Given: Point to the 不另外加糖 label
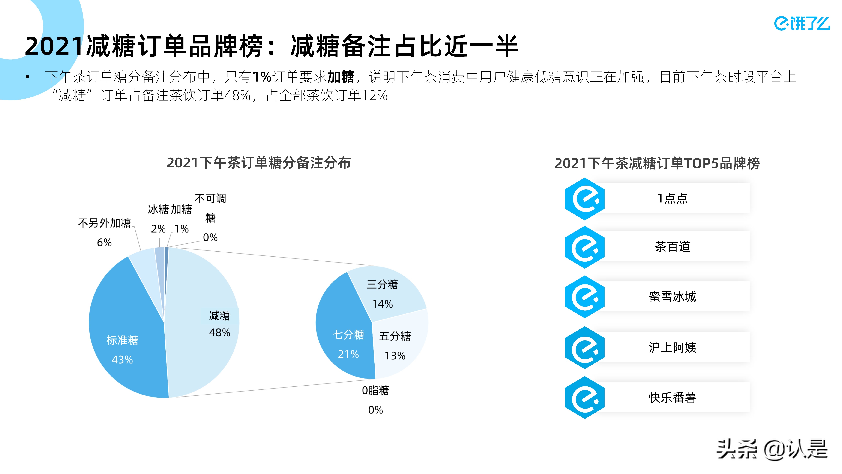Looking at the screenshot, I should tap(105, 223).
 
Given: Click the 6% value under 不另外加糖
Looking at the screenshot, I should tap(104, 242).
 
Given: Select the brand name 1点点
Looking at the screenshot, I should tap(672, 198).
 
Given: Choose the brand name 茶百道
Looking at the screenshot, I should tap(672, 247).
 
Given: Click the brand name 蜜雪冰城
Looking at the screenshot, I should tap(672, 296).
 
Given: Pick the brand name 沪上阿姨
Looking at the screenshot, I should tap(672, 347).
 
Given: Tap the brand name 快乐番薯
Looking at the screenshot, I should tap(672, 398).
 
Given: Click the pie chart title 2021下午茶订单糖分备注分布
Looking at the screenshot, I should tap(259, 163).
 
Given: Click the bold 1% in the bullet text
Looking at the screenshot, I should tap(262, 77).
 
